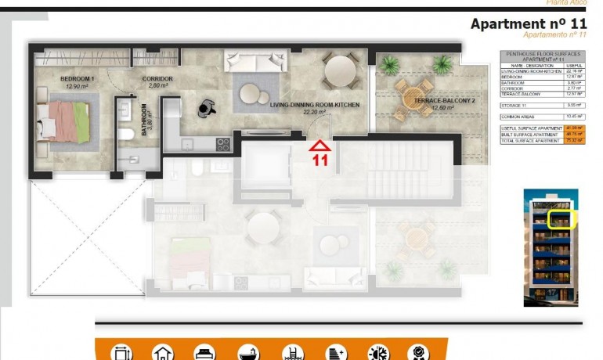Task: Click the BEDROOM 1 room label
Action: coord(78,79)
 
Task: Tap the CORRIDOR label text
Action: coord(157,79)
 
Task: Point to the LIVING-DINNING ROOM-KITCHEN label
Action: coord(315,104)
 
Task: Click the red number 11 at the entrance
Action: coord(320,160)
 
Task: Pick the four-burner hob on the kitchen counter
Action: coord(223,145)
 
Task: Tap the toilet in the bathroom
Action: coord(127,135)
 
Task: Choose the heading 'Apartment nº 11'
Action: coord(529,23)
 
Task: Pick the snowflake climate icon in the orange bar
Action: coord(378,353)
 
